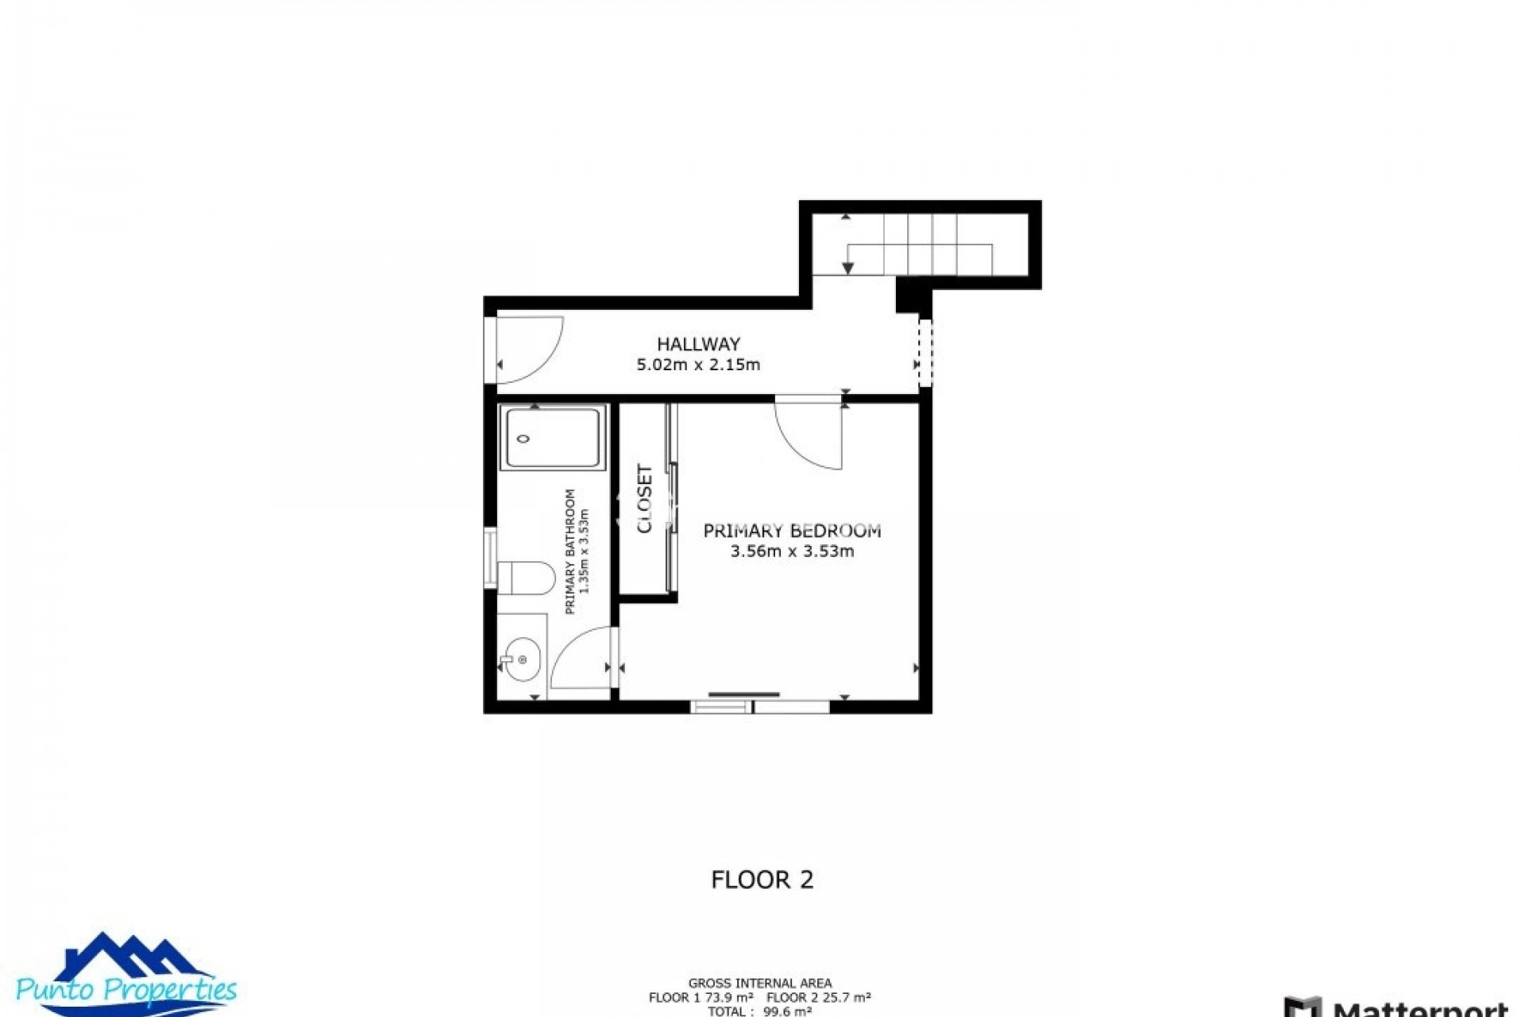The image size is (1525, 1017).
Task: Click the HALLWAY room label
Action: coord(698,344)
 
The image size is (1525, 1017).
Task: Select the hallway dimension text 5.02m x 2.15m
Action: coord(698,365)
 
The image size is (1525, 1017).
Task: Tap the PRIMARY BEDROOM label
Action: coord(792,530)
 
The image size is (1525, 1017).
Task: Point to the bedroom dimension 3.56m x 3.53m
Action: coord(792,551)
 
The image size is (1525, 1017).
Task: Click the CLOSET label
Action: coord(645,499)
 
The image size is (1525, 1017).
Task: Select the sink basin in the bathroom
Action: coord(521,659)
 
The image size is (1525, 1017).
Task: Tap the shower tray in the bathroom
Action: coord(553,438)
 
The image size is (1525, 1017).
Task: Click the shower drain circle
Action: coord(523,439)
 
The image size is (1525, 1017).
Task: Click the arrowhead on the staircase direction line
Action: coord(848,268)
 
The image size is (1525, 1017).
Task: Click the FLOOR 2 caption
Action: coord(762,880)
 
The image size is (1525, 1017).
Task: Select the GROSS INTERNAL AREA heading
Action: coord(759,984)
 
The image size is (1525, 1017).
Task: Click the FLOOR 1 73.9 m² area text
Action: coord(701,998)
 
